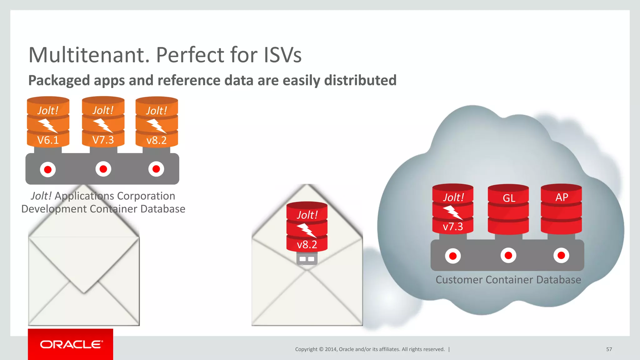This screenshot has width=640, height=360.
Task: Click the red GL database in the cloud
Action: click(508, 209)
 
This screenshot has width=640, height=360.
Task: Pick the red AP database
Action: click(561, 209)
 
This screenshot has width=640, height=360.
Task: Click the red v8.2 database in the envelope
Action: click(307, 227)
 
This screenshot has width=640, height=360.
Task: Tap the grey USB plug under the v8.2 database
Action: click(307, 259)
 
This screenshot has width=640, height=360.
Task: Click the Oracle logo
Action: click(71, 344)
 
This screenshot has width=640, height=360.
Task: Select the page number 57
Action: click(609, 349)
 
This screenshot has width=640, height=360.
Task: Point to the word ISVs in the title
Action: click(283, 55)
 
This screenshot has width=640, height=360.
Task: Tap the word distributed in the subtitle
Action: click(360, 80)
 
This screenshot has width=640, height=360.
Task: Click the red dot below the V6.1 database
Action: click(48, 170)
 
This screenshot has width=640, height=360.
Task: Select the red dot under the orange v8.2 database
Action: click(156, 169)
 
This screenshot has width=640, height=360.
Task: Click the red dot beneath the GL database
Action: click(508, 256)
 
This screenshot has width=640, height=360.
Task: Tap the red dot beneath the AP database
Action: click(561, 256)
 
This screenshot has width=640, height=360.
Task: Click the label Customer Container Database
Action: click(508, 280)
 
